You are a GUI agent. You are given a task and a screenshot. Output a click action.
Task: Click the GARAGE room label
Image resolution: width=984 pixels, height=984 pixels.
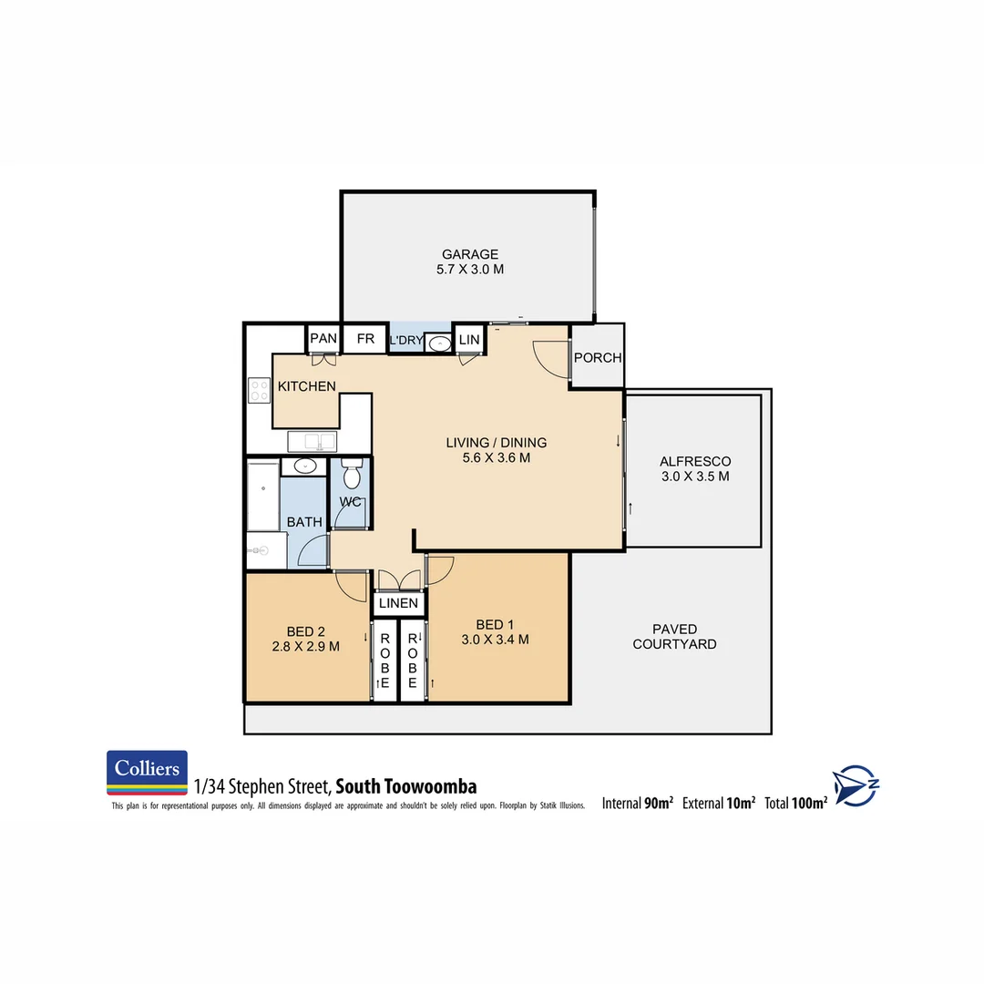point(470,254)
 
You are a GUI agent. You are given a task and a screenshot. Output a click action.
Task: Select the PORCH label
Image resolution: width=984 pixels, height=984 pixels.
point(598,358)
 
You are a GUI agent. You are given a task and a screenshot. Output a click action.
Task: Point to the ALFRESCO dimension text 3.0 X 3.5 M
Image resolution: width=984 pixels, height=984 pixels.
point(695,476)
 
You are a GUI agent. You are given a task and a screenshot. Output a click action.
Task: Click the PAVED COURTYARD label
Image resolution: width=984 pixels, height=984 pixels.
point(675,636)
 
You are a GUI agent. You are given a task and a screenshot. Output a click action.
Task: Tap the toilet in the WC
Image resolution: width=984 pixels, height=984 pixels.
point(351,476)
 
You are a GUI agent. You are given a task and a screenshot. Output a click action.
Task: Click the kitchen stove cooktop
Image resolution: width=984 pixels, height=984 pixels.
point(259,390)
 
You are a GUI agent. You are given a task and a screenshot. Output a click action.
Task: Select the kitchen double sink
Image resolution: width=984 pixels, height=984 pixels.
point(312,442)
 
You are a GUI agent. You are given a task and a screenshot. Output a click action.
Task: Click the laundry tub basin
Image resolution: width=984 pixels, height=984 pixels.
point(439,343)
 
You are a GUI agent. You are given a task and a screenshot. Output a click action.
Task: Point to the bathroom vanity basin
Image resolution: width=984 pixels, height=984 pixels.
point(303,466)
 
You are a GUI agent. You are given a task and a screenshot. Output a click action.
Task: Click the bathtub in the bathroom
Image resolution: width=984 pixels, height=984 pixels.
point(262,496)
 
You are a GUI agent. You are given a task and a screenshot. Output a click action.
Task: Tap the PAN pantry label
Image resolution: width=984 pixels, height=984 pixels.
point(323,339)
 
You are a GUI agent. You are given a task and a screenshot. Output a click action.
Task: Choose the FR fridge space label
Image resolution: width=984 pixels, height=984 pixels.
point(365,339)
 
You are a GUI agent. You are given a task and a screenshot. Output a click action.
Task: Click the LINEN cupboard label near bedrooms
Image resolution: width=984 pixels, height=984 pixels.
point(399,603)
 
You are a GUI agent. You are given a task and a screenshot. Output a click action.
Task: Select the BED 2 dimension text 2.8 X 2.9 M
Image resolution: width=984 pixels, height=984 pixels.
point(307,647)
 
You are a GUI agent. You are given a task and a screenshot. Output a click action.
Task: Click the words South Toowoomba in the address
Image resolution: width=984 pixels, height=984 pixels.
point(405,786)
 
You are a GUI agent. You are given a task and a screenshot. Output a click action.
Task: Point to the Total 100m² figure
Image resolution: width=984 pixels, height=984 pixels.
point(795,803)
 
